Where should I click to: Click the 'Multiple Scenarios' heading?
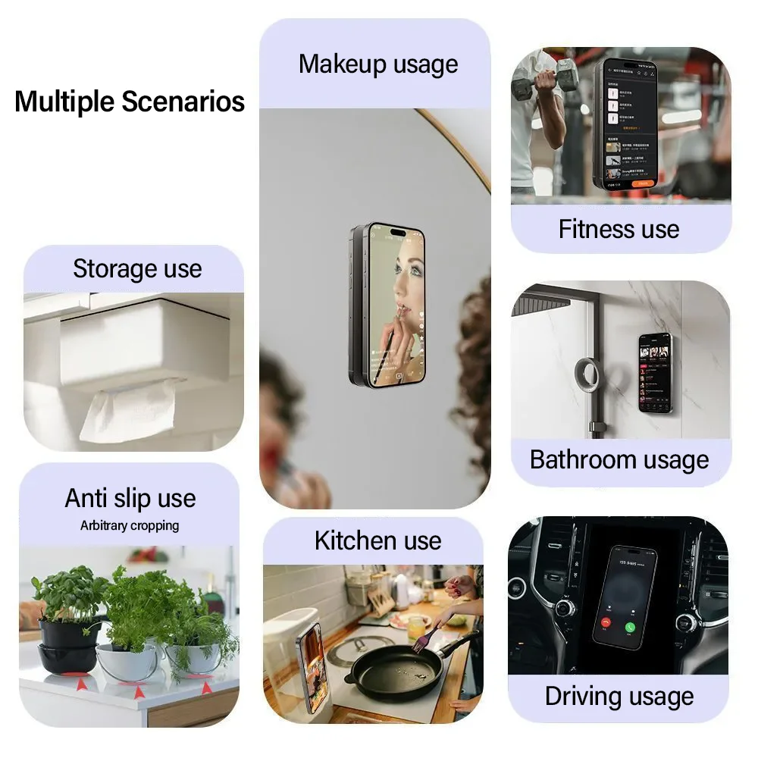pyautogui.click(x=130, y=102)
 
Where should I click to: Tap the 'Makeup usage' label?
pyautogui.click(x=378, y=64)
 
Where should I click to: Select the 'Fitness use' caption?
pyautogui.click(x=619, y=229)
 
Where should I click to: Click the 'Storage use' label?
pyautogui.click(x=137, y=268)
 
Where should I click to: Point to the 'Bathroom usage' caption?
pyautogui.click(x=619, y=459)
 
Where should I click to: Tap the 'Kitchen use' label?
pyautogui.click(x=377, y=540)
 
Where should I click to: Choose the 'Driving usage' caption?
pyautogui.click(x=619, y=696)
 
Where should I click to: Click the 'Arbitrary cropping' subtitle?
pyautogui.click(x=130, y=525)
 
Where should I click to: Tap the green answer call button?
pyautogui.click(x=628, y=628)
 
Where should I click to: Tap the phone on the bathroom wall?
pyautogui.click(x=654, y=372)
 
